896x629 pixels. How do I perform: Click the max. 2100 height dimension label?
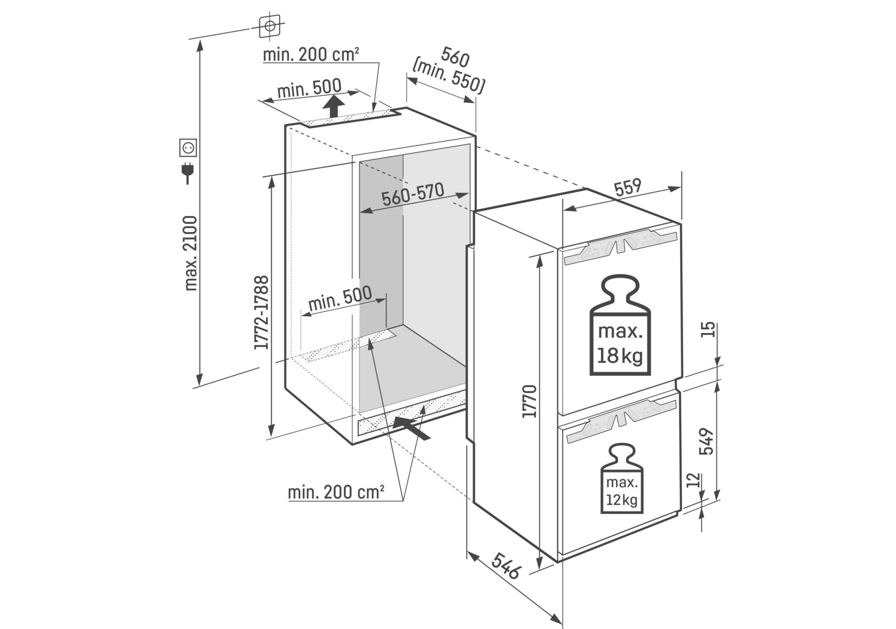click(191, 253)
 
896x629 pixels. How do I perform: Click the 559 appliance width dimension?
click(628, 188)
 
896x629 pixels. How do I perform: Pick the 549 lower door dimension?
click(707, 441)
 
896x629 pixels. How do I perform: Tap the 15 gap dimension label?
click(708, 329)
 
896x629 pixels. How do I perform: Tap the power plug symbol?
click(187, 172)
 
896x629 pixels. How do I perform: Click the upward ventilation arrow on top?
click(333, 107)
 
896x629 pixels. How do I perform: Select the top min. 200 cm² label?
click(311, 55)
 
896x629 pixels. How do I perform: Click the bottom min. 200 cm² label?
click(336, 492)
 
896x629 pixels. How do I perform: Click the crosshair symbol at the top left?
click(269, 26)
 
